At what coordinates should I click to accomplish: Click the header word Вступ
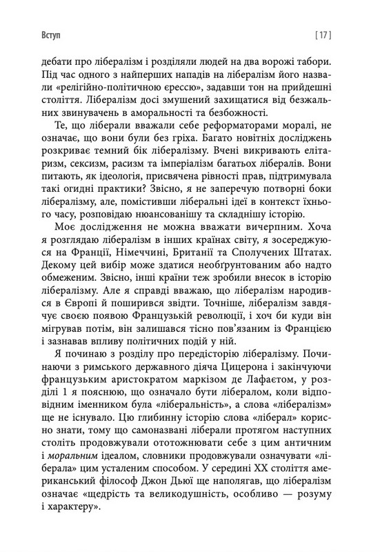[33, 32]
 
